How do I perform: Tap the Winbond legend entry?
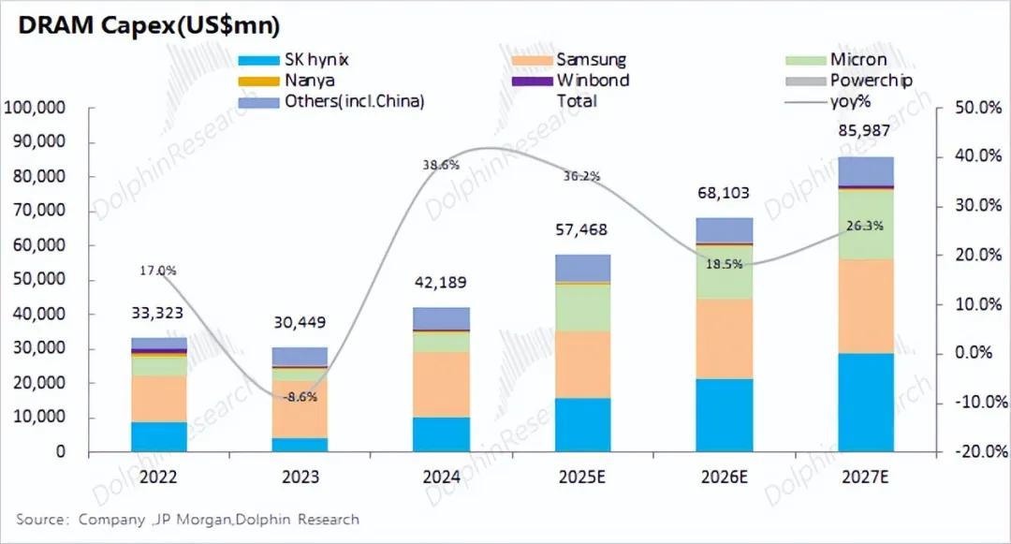[592, 81]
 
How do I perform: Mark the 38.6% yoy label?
[441, 164]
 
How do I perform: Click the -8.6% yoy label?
[300, 397]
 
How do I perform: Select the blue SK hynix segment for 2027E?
[866, 403]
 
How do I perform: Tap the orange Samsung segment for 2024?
[442, 385]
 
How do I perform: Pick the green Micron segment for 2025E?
[583, 307]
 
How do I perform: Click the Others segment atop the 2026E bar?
[725, 230]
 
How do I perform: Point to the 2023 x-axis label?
[300, 477]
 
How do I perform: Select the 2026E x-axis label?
[725, 477]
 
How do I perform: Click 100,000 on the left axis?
[36, 109]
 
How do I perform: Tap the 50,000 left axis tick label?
[39, 281]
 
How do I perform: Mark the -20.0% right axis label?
[977, 452]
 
